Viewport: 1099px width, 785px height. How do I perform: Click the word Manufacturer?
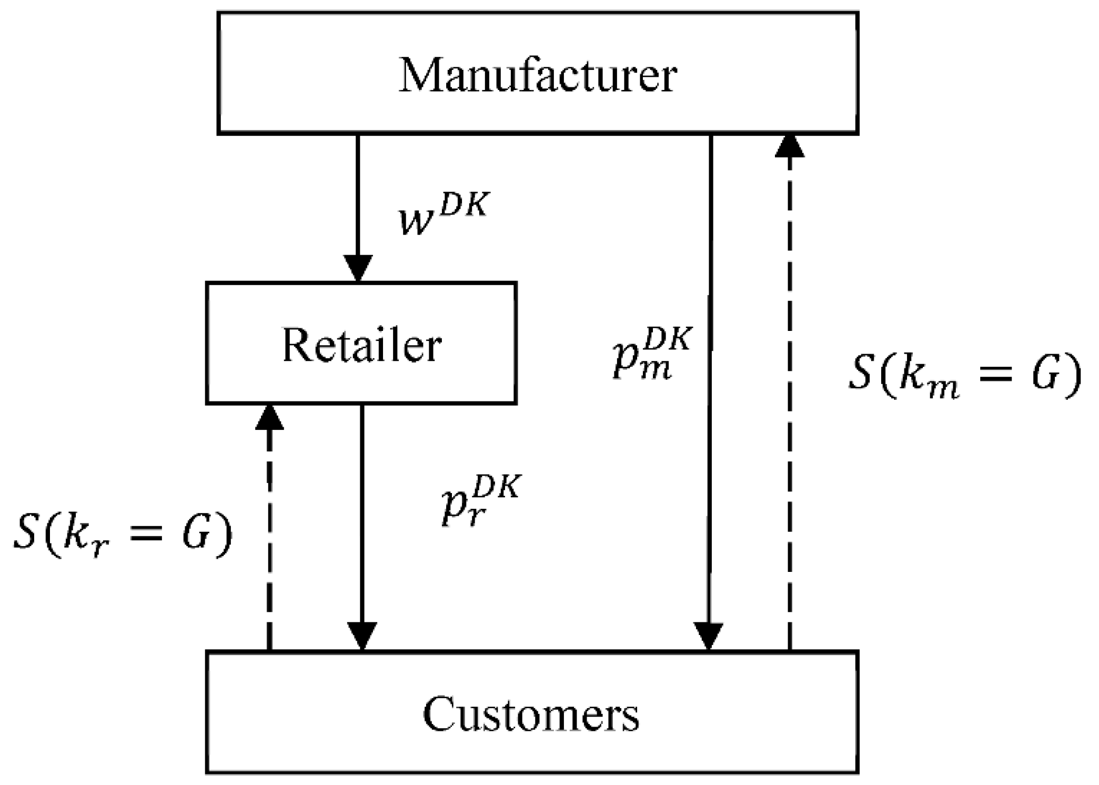point(538,76)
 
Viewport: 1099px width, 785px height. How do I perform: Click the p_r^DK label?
point(480,500)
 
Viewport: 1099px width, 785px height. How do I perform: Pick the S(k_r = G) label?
point(122,534)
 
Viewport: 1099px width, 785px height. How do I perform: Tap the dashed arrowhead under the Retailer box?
point(269,418)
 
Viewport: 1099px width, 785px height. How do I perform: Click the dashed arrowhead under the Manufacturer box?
point(790,146)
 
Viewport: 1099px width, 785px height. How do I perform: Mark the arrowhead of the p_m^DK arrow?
point(709,637)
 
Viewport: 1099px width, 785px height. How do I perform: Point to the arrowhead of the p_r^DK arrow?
point(362,637)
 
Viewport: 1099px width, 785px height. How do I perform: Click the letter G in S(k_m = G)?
point(1045,375)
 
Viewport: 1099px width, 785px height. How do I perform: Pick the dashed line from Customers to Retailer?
point(269,537)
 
